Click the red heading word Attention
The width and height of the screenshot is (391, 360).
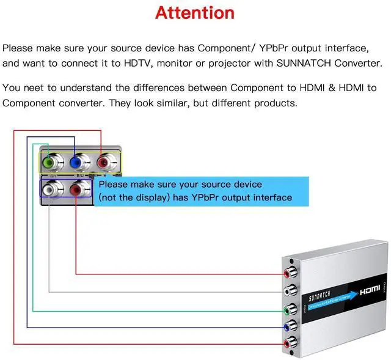195,13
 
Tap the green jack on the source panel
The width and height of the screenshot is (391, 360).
50,163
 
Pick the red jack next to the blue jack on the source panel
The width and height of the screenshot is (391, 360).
104,163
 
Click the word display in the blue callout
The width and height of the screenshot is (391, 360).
144,197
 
